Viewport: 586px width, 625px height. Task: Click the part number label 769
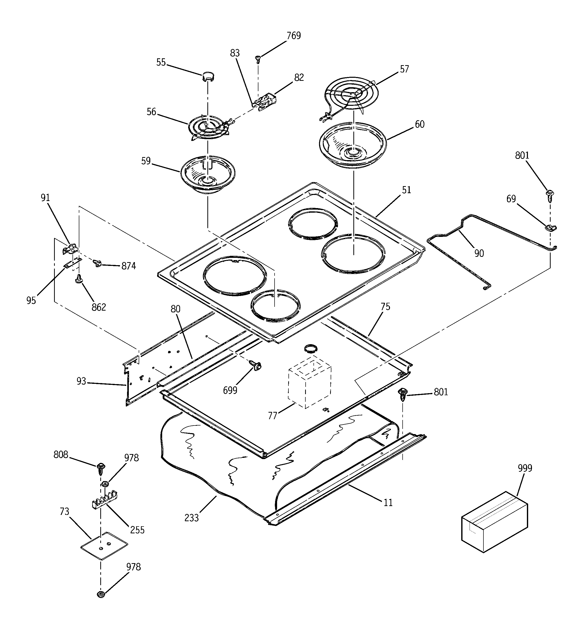[294, 36]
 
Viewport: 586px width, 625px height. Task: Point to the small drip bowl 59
[208, 174]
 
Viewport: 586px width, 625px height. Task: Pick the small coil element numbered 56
[209, 128]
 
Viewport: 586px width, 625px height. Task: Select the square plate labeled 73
[104, 545]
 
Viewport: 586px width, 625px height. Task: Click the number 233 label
[191, 517]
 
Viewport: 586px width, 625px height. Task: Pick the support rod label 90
[479, 253]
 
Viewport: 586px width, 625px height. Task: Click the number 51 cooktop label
[406, 190]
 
